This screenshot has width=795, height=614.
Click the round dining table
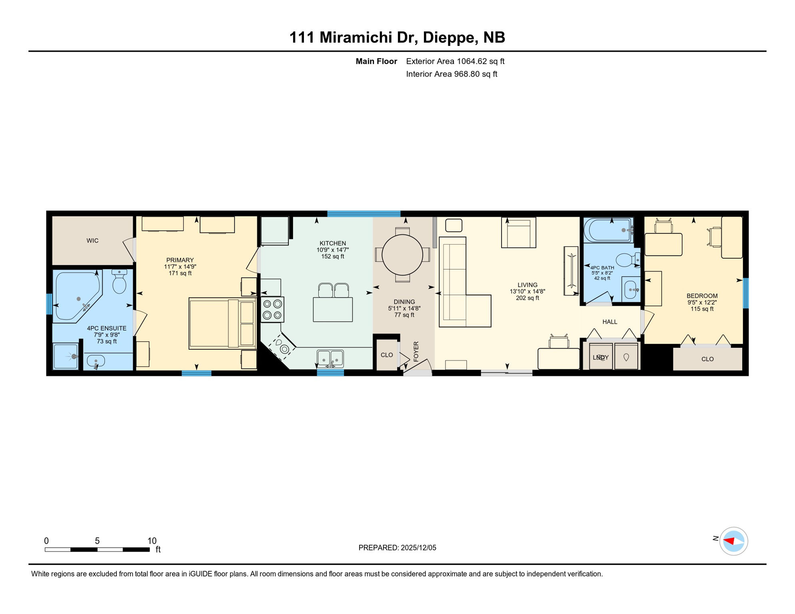coord(402,255)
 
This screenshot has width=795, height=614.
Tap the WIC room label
coord(92,241)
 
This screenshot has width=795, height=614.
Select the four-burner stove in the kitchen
coord(272,310)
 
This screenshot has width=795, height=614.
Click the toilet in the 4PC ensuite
coord(119,282)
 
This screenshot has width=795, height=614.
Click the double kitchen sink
coord(330,358)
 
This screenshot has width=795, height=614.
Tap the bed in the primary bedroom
coord(222,323)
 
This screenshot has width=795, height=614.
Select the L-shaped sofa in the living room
coord(460,288)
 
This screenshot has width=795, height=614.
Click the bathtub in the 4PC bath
coord(608,230)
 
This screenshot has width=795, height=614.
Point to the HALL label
coord(610,322)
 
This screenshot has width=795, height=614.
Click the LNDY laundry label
coord(601,357)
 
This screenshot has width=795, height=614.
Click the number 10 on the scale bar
coord(152,541)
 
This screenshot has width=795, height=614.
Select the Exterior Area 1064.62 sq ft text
coord(455,61)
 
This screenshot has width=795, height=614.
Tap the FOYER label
coord(416,351)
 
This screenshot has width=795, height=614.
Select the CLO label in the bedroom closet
coord(707,359)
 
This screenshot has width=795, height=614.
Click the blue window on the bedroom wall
coord(745,293)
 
